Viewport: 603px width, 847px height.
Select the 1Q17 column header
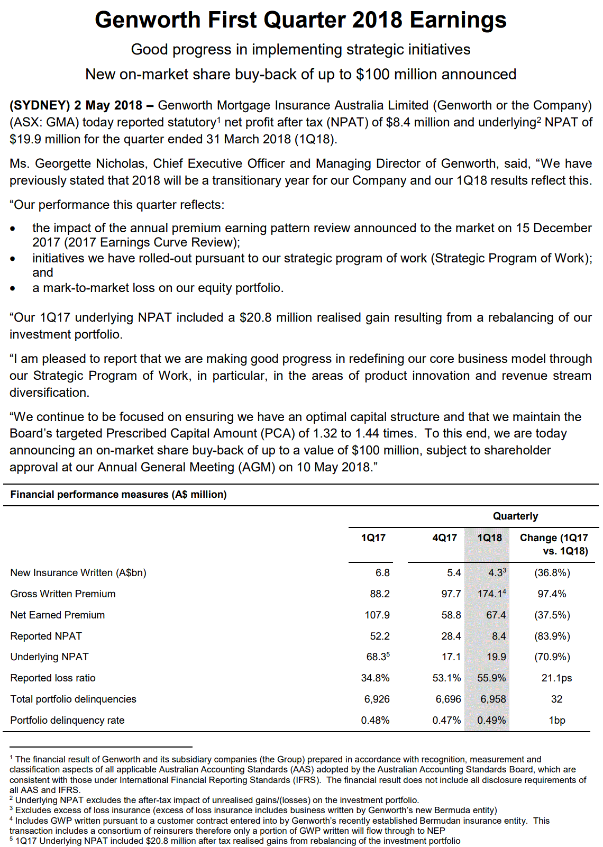(373, 538)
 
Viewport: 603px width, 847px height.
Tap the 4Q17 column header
(444, 538)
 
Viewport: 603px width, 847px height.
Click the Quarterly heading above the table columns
(515, 516)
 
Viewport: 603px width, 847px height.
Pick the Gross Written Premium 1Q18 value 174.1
(490, 594)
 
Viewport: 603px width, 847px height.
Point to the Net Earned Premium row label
(58, 615)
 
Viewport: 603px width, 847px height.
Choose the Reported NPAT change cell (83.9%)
(552, 636)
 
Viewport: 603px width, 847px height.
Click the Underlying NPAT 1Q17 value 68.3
(377, 657)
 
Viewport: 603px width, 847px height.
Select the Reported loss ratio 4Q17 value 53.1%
(446, 678)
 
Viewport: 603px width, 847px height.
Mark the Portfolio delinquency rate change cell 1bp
(556, 720)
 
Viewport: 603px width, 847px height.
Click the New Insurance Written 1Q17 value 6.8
(382, 572)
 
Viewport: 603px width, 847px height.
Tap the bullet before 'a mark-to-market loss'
(13, 289)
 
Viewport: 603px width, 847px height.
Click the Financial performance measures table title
(118, 494)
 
